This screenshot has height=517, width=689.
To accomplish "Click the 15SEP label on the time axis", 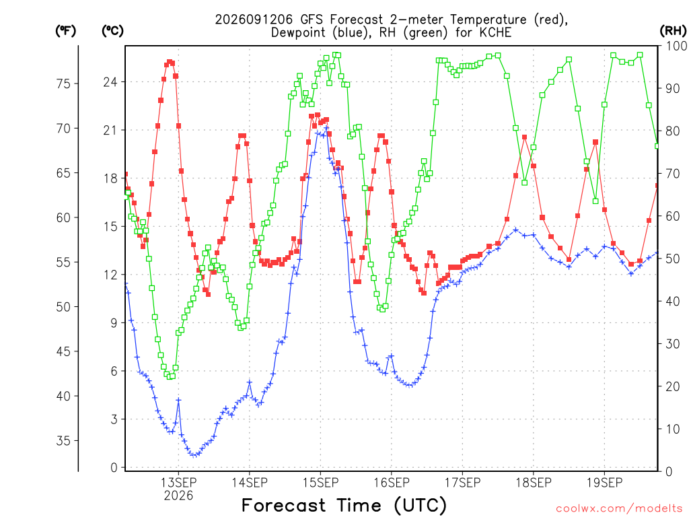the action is tap(320, 483).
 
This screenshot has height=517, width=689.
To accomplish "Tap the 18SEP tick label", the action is tap(534, 483).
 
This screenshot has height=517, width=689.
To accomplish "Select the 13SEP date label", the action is tap(178, 483).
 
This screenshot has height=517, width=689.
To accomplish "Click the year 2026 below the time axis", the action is tap(178, 496).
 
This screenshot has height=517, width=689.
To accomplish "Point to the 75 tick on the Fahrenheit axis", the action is tap(64, 83).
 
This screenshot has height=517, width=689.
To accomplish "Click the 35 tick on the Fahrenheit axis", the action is tap(64, 440).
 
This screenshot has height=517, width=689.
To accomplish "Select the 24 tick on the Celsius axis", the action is tap(111, 82).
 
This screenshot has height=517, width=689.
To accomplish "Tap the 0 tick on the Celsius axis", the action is tap(114, 468).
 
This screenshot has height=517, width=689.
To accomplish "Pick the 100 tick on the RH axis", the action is tap(677, 46).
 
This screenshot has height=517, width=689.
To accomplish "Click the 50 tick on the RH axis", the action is tap(673, 258).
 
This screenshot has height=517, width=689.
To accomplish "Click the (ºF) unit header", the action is tap(65, 31).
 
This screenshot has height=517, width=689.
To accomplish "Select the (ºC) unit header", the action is tap(112, 31).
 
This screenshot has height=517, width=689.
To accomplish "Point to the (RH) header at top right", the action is tap(673, 31).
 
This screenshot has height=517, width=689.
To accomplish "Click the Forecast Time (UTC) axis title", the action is tap(344, 506).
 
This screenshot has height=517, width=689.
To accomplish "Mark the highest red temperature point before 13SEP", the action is tap(170, 62).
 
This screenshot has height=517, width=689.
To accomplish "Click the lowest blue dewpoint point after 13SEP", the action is tap(193, 455).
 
